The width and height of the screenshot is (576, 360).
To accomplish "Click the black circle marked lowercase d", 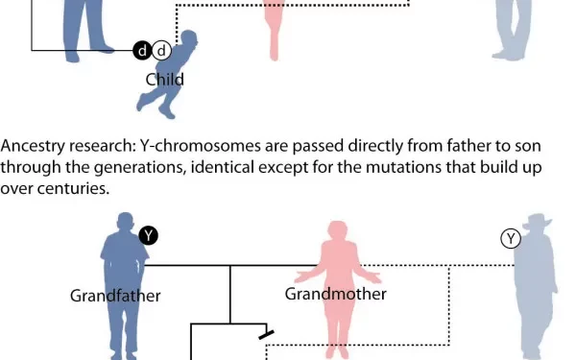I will pyautogui.click(x=143, y=51).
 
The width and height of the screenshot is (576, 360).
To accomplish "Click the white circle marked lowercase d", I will pyautogui.click(x=162, y=51).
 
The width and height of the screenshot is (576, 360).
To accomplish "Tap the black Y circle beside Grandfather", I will pyautogui.click(x=148, y=234).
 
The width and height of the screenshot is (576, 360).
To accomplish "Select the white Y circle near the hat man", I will pyautogui.click(x=511, y=238).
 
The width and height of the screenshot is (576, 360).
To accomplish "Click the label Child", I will pyautogui.click(x=164, y=80).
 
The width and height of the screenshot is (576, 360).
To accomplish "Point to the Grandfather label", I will pyautogui.click(x=115, y=296).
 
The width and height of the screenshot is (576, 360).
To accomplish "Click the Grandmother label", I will pyautogui.click(x=335, y=294).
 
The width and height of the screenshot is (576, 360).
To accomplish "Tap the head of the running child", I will pyautogui.click(x=190, y=40).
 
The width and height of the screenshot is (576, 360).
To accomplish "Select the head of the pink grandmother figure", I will pyautogui.click(x=337, y=232).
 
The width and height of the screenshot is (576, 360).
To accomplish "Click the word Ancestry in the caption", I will pyautogui.click(x=32, y=147).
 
